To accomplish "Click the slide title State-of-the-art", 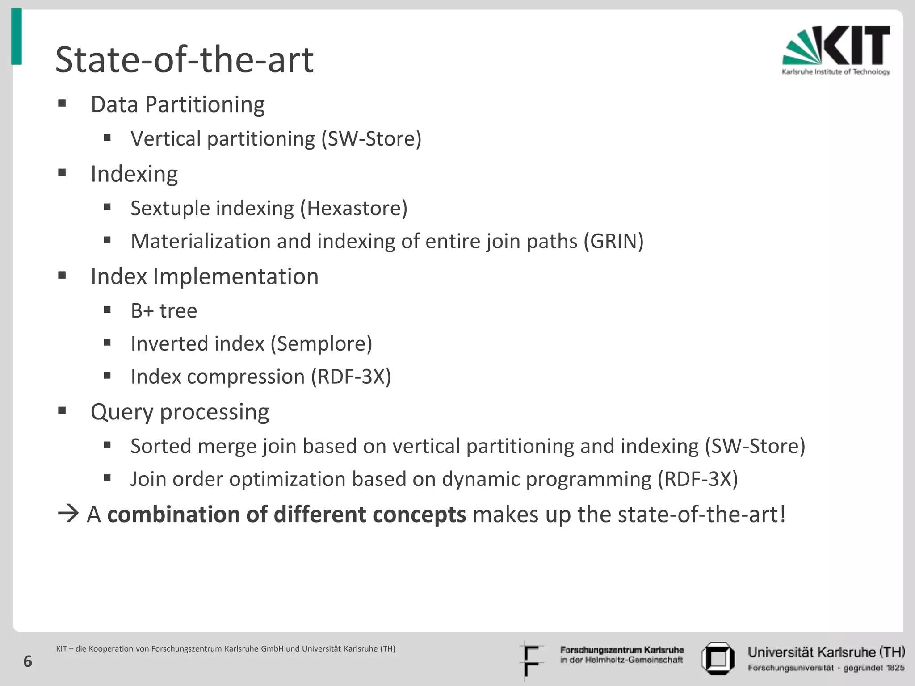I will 184,60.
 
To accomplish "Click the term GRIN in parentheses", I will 613,242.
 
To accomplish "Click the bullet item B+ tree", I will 164,311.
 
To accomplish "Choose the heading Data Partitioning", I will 177,105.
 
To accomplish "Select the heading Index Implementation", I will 204,276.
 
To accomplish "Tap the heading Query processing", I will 180,412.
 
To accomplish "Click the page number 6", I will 28,661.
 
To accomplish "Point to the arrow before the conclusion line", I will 68,514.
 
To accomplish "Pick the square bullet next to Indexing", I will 62,172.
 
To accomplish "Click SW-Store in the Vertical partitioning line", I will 371,139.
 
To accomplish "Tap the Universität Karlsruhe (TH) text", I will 826,652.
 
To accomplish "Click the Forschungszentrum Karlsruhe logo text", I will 621,655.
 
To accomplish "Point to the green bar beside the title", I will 17,37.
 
